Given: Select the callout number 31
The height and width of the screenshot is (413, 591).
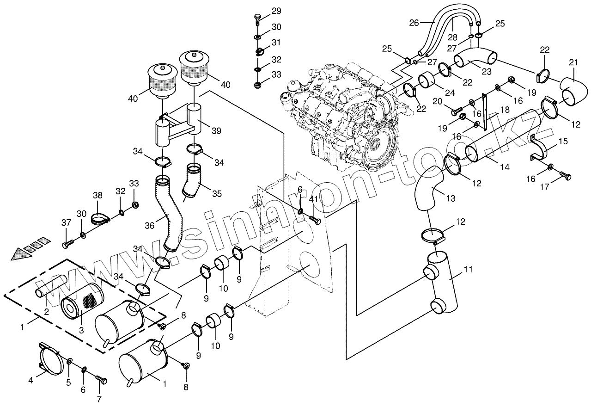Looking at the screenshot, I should tap(276, 43).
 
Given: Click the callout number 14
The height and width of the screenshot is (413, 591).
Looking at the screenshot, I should tap(505, 166).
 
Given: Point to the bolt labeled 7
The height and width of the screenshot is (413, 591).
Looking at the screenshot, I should tap(101, 379).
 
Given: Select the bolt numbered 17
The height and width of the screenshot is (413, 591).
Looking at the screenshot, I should tap(565, 176).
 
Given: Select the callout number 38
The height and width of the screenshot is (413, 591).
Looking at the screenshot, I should tap(97, 196).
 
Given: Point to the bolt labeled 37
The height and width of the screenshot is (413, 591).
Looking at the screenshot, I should tap(68, 241).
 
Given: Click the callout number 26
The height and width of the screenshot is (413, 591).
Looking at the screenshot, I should tap(414, 22).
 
